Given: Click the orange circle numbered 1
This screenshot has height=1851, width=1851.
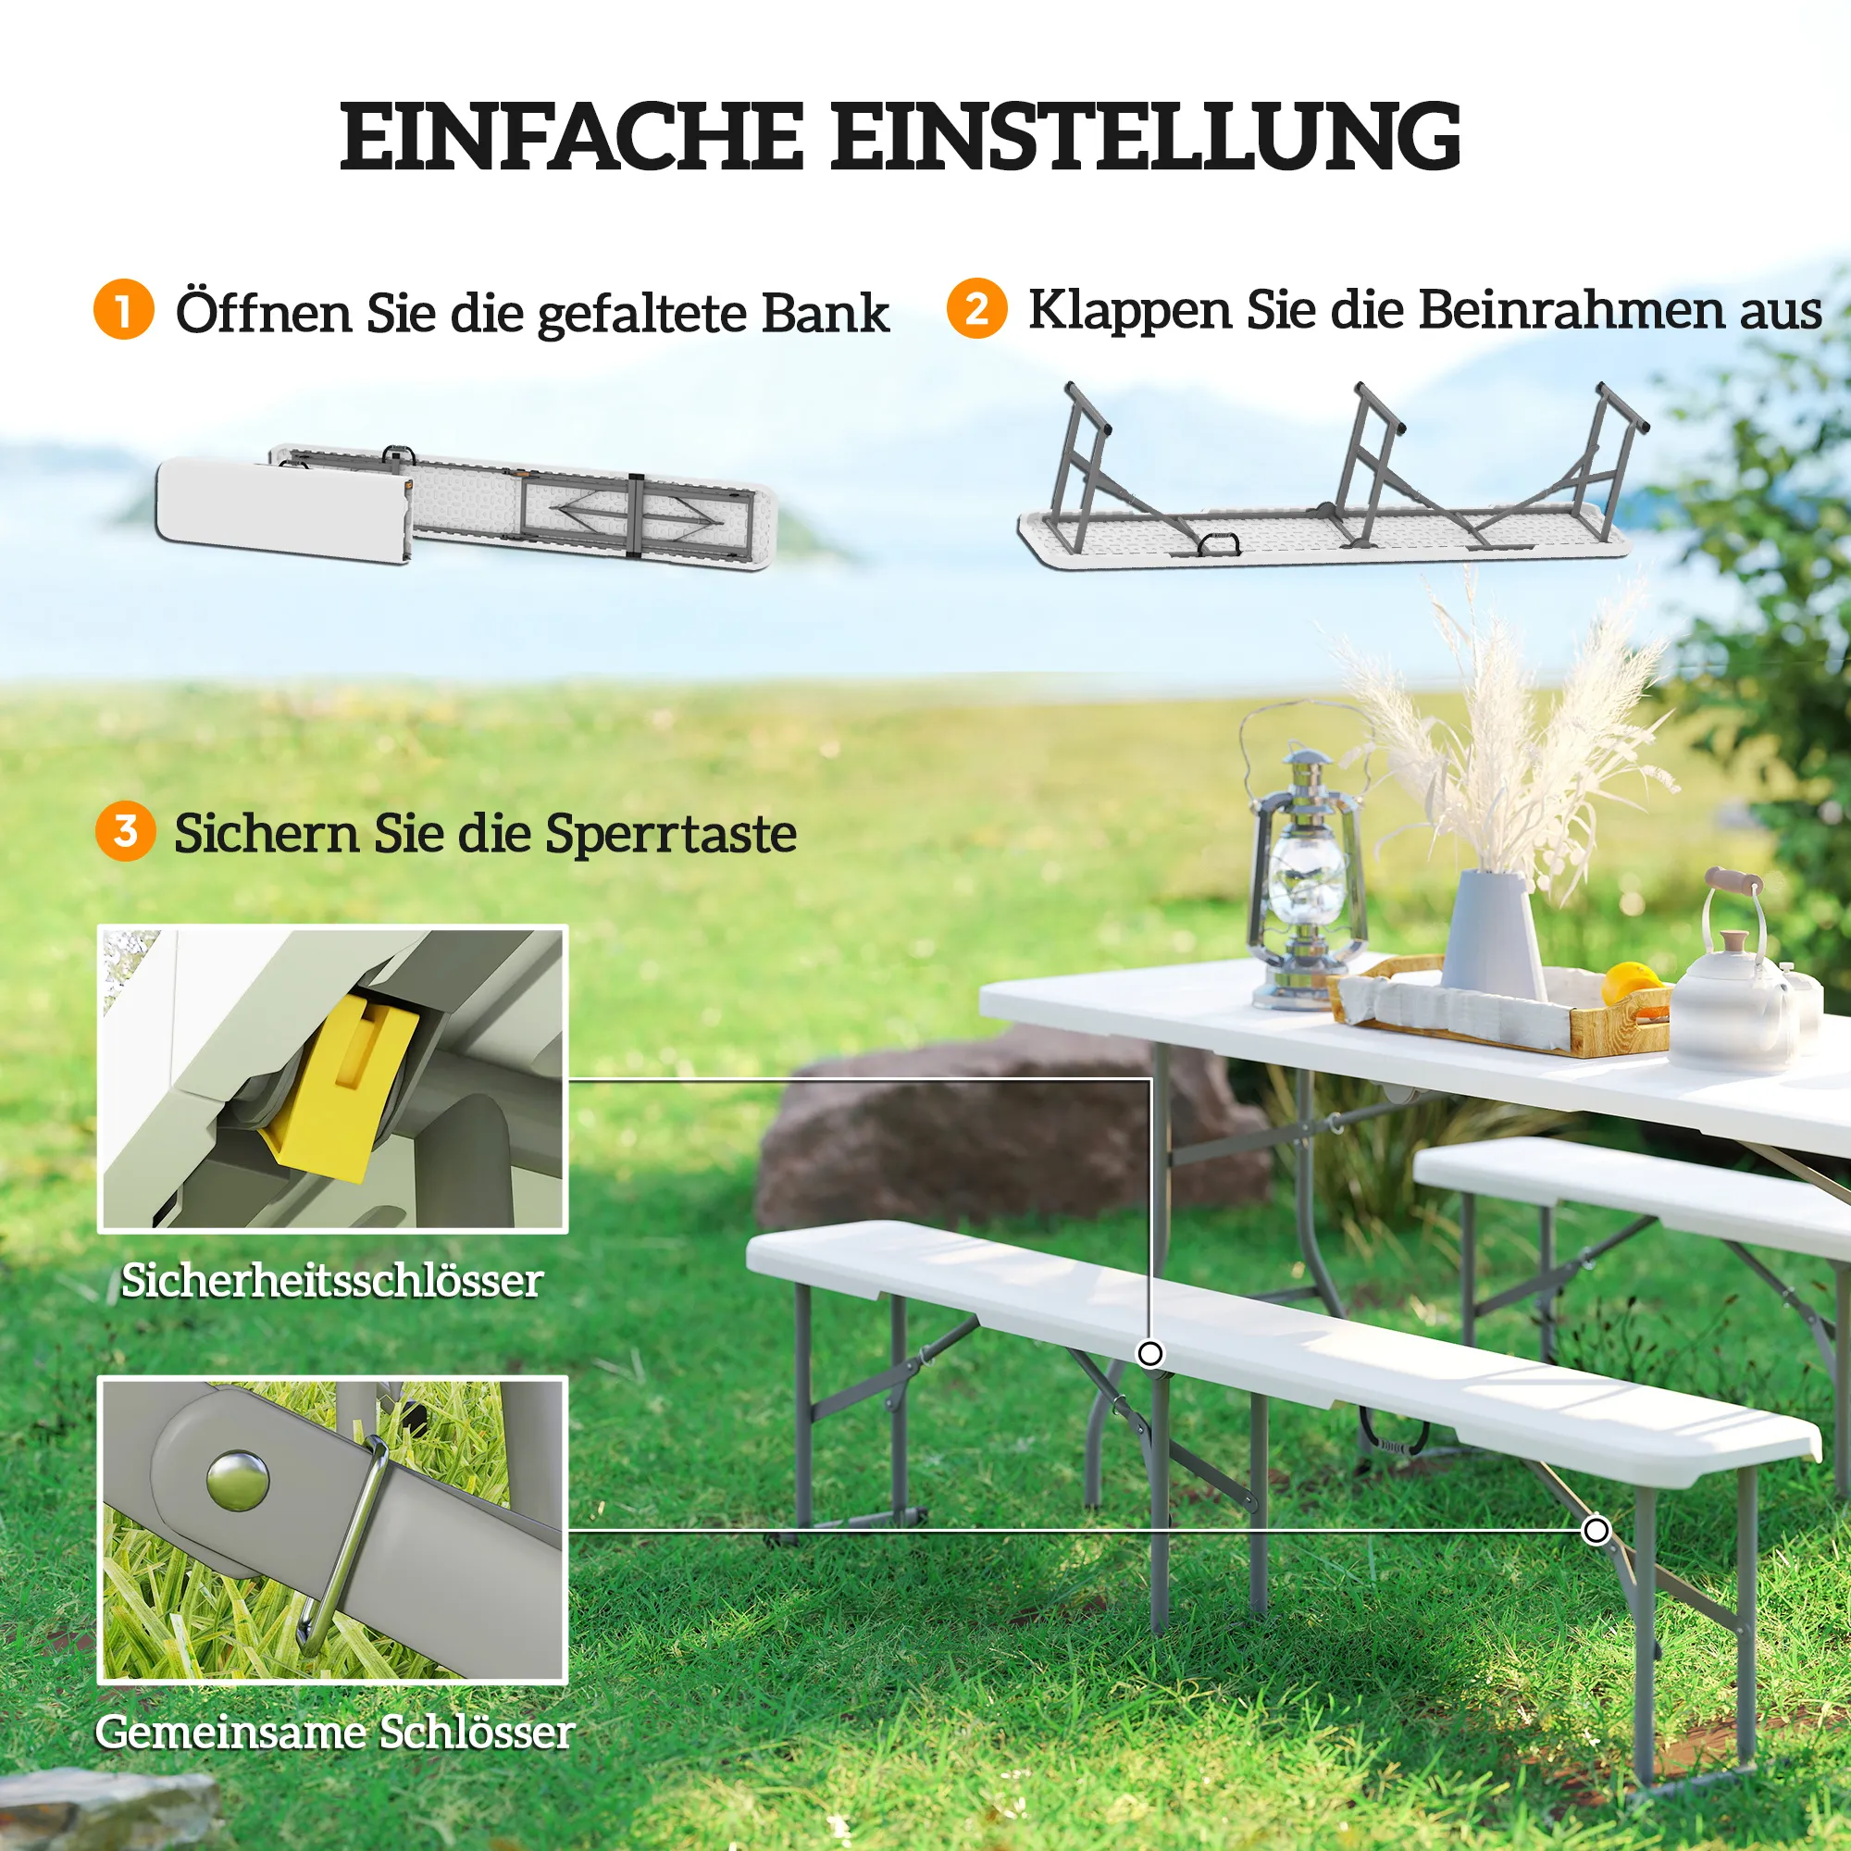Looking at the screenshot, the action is point(124,309).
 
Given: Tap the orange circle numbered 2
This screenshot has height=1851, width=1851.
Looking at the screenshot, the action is point(976,308).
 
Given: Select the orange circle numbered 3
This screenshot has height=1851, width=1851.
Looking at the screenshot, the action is point(126,831).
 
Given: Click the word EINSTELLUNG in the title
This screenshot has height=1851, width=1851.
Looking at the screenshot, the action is point(1145,136).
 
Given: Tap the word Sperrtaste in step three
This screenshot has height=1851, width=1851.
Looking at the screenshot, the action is point(671,834).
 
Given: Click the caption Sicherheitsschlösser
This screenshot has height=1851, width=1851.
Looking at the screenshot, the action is point(332,1281).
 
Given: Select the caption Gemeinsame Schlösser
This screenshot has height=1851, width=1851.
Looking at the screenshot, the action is point(334,1732).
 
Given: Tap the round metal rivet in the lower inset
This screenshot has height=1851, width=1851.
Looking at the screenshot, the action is point(238,1480).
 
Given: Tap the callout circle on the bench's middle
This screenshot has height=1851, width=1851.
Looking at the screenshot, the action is point(1149,1354).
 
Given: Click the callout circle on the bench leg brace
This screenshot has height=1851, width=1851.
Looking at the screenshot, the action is point(1596,1530).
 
